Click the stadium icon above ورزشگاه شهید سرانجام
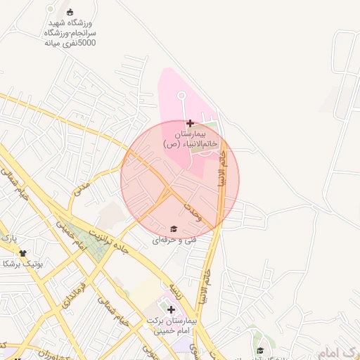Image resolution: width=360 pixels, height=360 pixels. [x=70, y=11]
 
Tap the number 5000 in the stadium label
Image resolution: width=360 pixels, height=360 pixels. [x=86, y=43]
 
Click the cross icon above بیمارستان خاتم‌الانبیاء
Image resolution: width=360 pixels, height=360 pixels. [x=191, y=123]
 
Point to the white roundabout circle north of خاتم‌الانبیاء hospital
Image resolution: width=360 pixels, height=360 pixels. [x=181, y=95]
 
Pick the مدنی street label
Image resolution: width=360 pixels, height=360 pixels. [x=83, y=188]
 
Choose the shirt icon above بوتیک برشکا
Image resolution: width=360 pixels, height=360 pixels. [x=23, y=253]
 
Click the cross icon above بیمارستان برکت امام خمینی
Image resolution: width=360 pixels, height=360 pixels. [x=171, y=309]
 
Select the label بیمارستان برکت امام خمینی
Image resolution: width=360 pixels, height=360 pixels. [x=169, y=325]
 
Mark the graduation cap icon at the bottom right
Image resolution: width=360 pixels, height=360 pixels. [x=259, y=350]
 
